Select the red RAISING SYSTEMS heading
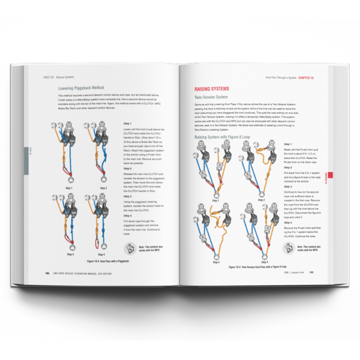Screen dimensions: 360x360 click(212, 89)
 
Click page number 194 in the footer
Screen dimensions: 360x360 click(47, 273)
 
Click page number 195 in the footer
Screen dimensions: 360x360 click(311, 272)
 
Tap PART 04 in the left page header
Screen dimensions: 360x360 click(48, 77)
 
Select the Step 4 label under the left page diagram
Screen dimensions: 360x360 click(101, 254)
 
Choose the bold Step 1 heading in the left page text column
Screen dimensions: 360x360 click(127, 123)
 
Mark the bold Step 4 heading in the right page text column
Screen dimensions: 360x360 click(288, 222)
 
